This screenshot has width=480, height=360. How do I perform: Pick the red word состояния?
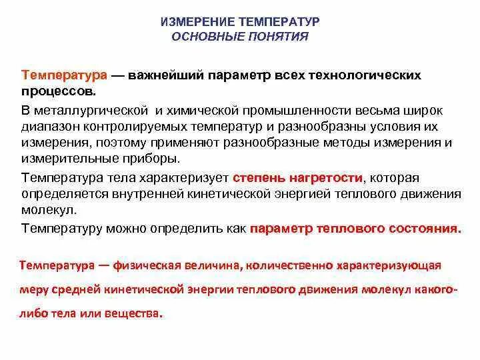[x=424, y=228]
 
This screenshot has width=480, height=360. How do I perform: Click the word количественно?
[x=303, y=265]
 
